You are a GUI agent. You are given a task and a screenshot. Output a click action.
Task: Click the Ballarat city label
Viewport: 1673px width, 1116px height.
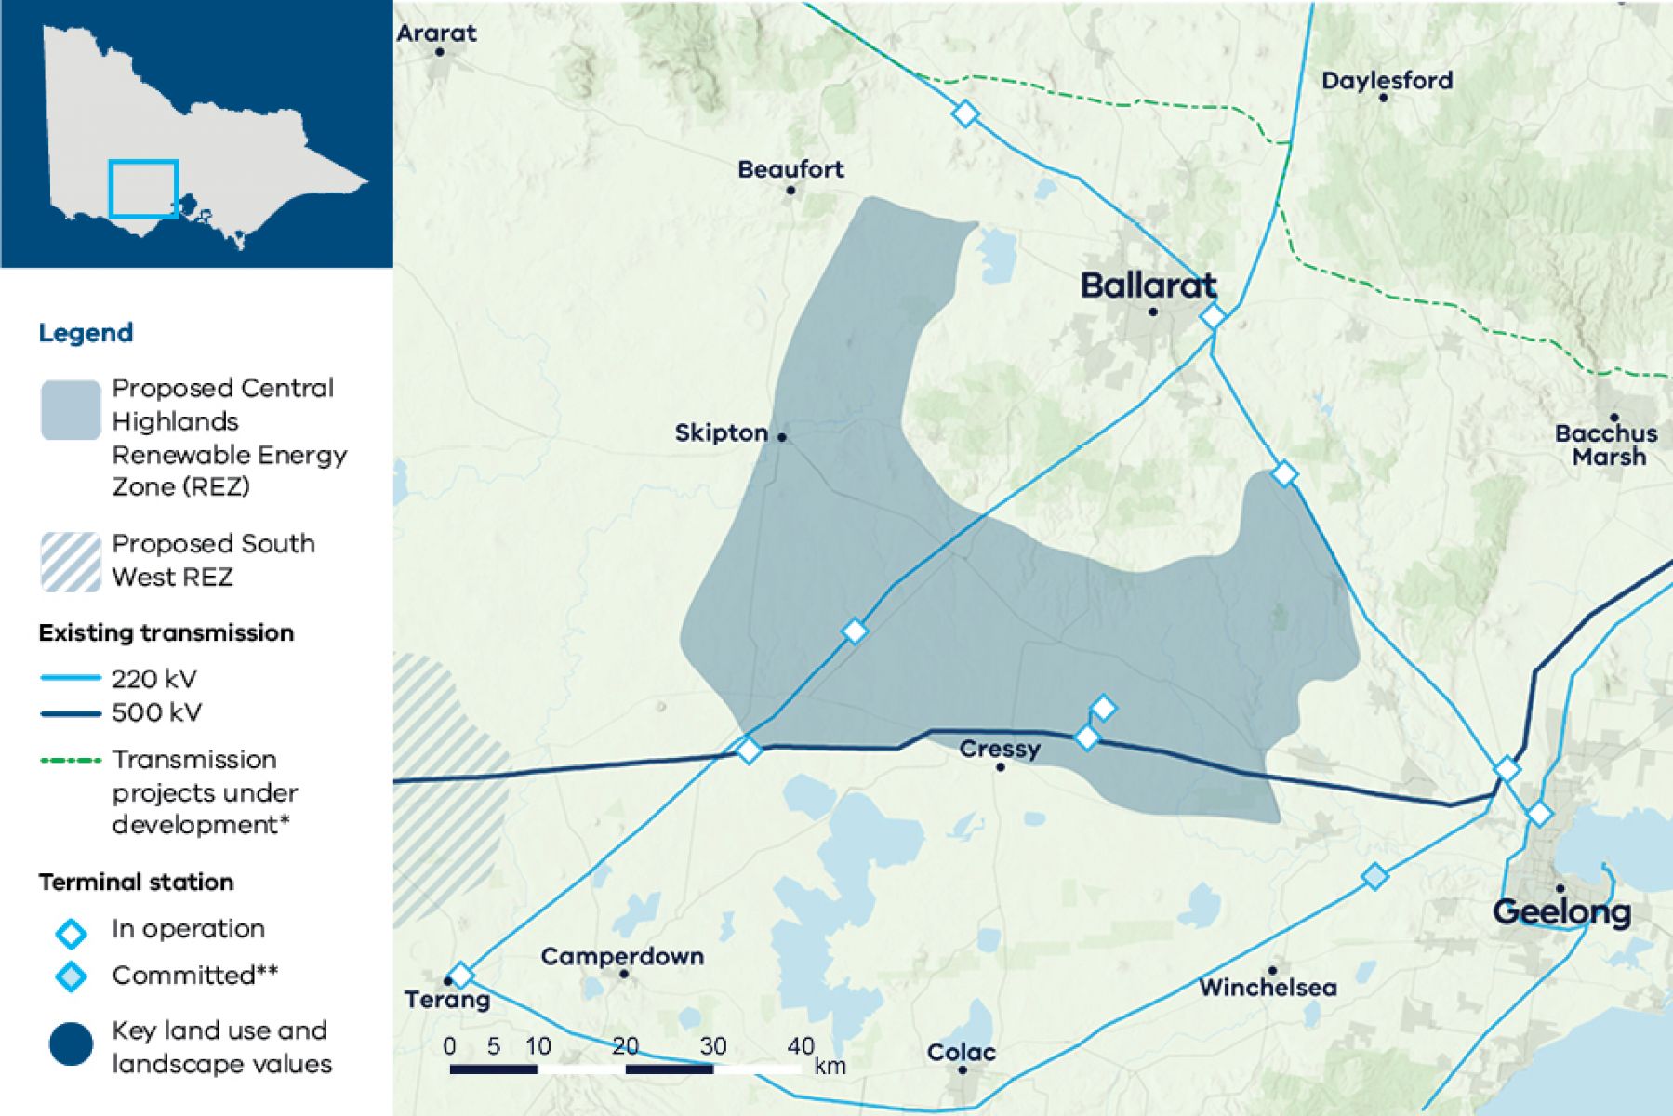click(x=1149, y=286)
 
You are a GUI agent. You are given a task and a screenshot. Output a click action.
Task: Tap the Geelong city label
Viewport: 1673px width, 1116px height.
click(x=1561, y=911)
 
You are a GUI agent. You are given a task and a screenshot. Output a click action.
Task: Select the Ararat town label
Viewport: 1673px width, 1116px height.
click(x=436, y=33)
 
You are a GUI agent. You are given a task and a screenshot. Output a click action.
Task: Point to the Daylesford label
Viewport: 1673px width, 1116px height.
click(x=1387, y=81)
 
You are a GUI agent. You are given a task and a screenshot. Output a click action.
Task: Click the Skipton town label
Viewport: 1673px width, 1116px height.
click(x=721, y=433)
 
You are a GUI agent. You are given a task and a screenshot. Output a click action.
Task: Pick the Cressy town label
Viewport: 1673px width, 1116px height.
click(x=1000, y=749)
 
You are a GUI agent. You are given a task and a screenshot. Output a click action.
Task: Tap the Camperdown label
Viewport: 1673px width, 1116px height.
click(x=622, y=956)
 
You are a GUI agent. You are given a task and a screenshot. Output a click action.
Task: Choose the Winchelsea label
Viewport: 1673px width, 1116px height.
click(x=1268, y=987)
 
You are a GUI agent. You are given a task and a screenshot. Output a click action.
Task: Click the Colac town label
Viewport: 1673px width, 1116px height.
click(x=961, y=1053)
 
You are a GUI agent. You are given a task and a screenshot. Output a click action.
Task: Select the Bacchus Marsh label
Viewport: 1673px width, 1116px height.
click(x=1606, y=445)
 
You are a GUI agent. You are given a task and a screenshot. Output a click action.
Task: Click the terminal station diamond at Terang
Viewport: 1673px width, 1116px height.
click(x=460, y=975)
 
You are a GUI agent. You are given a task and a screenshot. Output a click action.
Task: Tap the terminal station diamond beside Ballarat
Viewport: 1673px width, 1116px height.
click(x=1212, y=316)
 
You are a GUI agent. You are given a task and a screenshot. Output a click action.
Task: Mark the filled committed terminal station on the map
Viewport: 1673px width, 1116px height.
click(x=1374, y=876)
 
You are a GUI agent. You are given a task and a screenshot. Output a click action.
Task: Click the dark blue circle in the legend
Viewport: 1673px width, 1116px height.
click(x=71, y=1044)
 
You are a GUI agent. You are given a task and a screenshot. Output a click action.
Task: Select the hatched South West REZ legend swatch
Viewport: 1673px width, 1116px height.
click(x=71, y=562)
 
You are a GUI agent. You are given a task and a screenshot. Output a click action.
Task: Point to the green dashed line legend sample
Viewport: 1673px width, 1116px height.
click(x=71, y=761)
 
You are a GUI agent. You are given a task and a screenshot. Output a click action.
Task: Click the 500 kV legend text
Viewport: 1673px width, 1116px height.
click(x=156, y=713)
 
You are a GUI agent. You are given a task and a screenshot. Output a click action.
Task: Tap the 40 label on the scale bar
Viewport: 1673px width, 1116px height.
click(x=800, y=1046)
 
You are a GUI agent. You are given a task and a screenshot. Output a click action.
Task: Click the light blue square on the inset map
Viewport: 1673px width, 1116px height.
click(x=143, y=190)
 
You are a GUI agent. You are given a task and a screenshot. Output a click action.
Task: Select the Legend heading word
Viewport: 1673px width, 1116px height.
click(x=86, y=333)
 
